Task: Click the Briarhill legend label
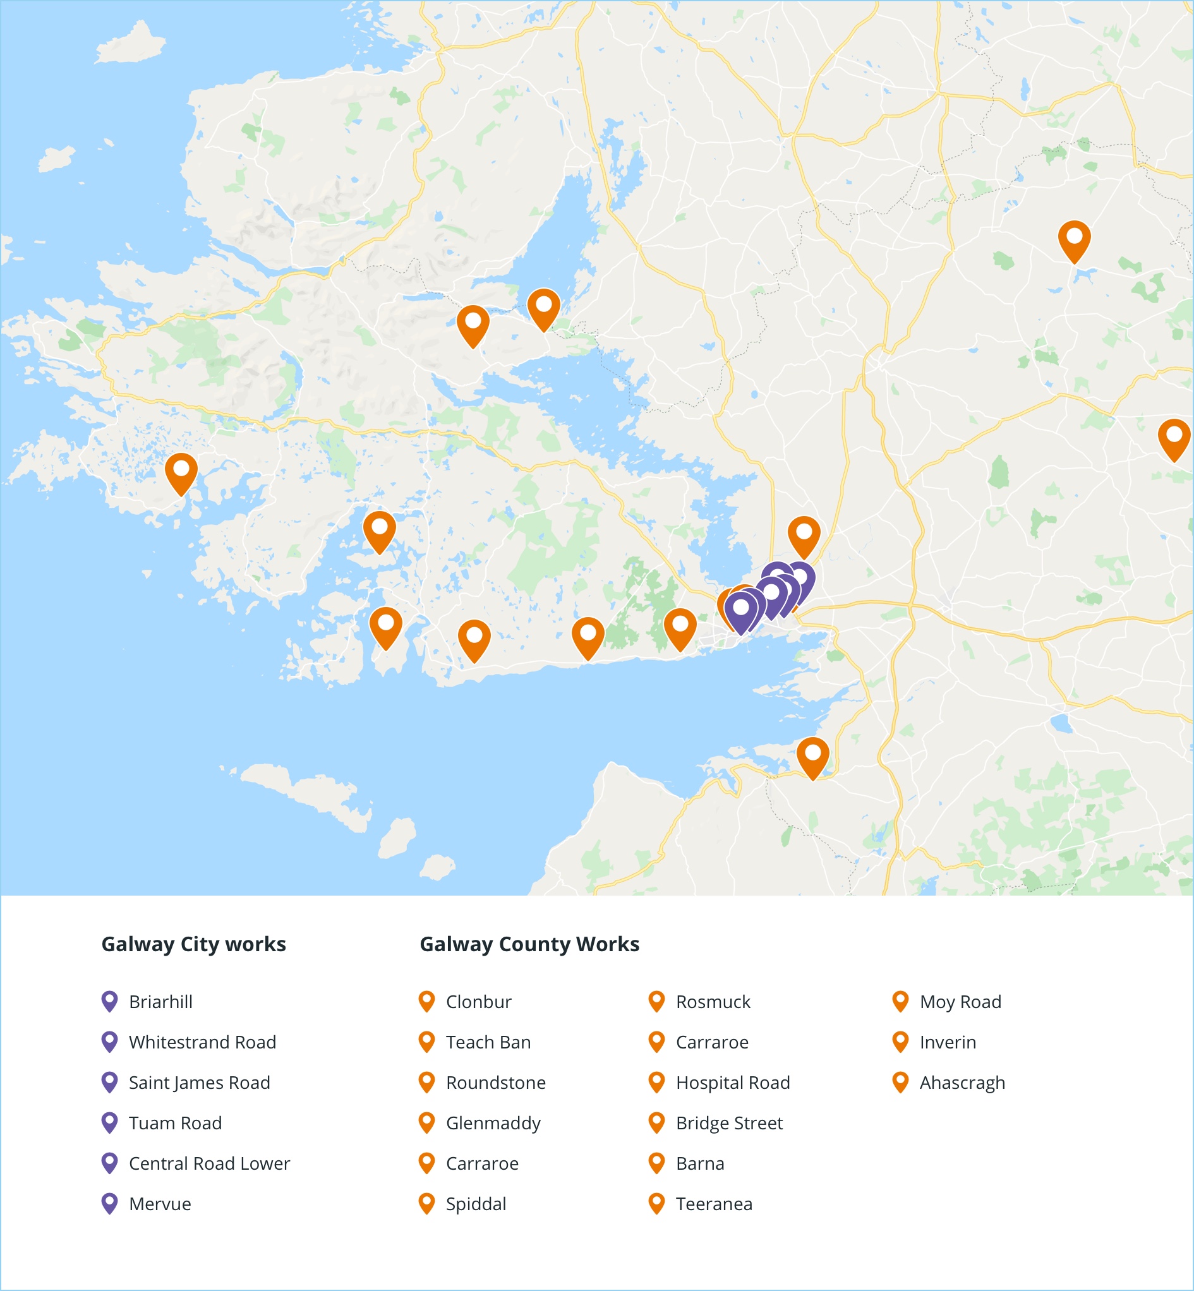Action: [160, 1002]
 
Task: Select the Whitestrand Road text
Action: [202, 1042]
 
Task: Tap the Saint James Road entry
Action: [199, 1083]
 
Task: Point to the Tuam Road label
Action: [175, 1123]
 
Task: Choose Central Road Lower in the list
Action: [209, 1164]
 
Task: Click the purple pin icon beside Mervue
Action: [110, 1203]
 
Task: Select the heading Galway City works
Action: [193, 944]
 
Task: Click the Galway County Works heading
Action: [529, 944]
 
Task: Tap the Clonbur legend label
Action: [478, 1002]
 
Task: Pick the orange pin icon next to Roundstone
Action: [426, 1083]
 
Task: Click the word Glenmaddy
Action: [493, 1123]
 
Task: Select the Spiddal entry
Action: [476, 1204]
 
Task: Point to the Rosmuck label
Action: [713, 1002]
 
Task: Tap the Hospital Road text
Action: [733, 1083]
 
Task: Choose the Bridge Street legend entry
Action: [729, 1123]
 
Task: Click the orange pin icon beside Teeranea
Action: [656, 1203]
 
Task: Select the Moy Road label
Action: [960, 1002]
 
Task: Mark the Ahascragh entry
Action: [962, 1083]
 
